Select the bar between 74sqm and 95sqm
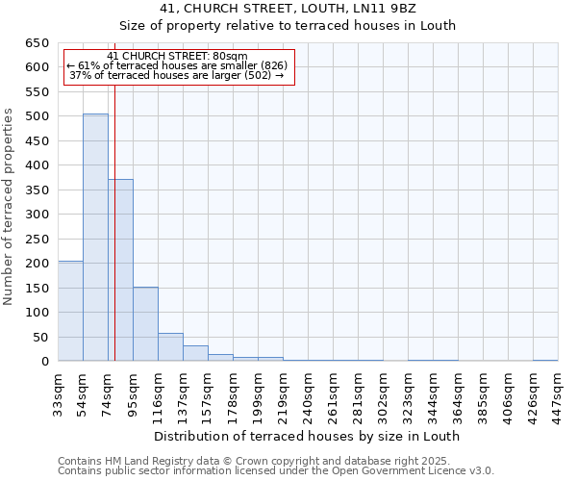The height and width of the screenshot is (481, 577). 120,270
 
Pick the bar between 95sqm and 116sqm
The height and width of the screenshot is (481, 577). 145,324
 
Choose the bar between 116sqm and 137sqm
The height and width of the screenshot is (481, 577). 170,347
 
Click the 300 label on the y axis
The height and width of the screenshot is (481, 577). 37,215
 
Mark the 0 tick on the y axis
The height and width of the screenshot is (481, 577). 45,362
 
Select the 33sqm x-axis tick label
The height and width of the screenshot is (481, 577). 58,392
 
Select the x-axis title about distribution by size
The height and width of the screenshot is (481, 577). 308,436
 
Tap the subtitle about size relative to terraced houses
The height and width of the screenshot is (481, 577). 308,26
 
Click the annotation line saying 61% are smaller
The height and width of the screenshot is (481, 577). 177,65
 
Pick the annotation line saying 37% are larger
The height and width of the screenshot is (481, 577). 177,75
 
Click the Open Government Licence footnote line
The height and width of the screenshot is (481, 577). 276,470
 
